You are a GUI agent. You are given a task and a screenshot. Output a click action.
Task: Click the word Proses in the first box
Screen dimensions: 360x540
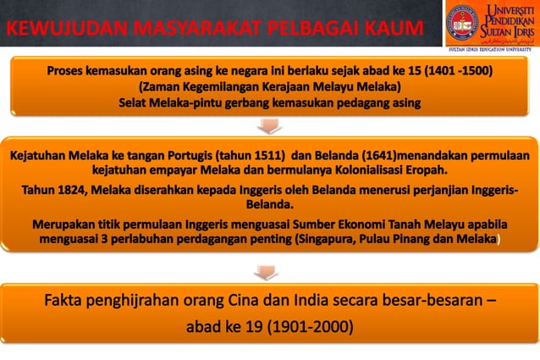pos(69,71)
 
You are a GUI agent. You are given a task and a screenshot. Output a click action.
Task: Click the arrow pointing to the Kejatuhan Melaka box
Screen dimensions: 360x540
pos(269,126)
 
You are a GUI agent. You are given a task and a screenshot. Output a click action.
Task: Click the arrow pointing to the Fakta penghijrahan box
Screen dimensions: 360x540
pos(269,273)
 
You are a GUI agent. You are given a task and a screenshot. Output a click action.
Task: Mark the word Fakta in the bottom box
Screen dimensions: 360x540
pos(68,301)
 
